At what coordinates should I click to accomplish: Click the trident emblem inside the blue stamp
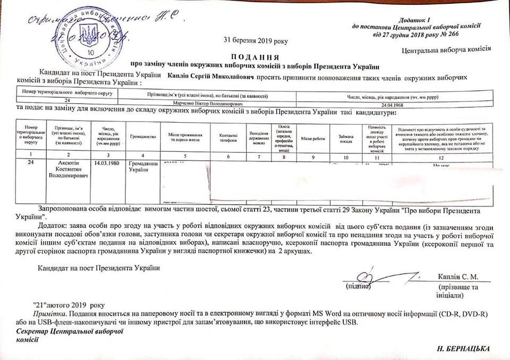coord(89,36)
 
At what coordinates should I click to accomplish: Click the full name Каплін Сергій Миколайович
coord(211,77)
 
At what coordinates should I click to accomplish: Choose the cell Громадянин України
coord(143,166)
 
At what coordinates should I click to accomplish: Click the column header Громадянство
coord(143,137)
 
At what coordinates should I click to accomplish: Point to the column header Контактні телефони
coord(228,137)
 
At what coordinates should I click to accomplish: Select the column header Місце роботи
coord(313,138)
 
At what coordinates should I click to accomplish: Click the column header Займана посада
coord(346,137)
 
